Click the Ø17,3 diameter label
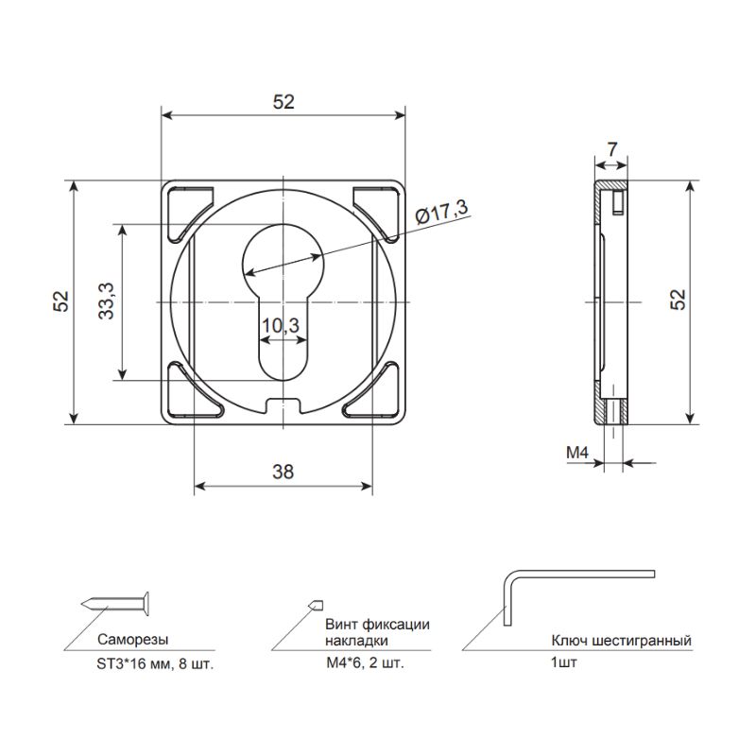click(441, 212)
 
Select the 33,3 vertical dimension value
click(107, 301)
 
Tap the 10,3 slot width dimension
click(281, 325)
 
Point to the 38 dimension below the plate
click(283, 472)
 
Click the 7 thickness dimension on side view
click(611, 149)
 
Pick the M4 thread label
click(577, 453)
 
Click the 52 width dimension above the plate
click(283, 102)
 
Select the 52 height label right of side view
click(678, 300)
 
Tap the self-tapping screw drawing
click(115, 603)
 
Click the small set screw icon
click(316, 605)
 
